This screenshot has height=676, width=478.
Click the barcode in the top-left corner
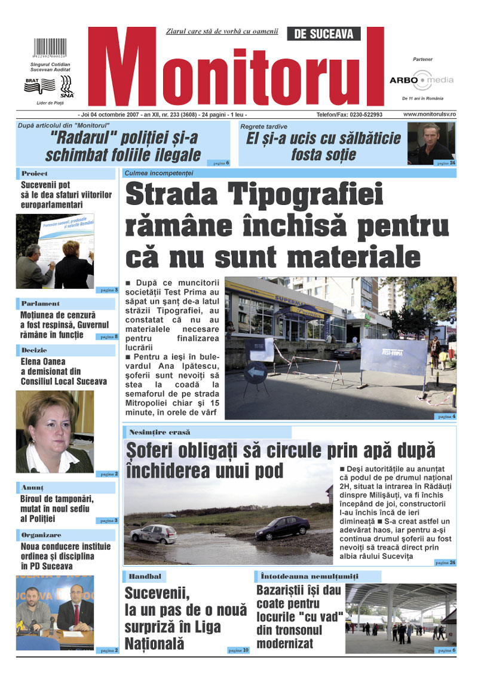coord(50,48)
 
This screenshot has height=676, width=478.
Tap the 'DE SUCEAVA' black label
coord(324,34)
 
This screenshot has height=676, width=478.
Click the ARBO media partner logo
coord(421,80)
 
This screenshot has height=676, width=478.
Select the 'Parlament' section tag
coord(41,304)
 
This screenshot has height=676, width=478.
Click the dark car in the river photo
coord(282,528)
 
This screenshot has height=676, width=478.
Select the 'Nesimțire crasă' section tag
coord(160,432)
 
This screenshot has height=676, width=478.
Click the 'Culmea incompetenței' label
coord(159,173)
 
